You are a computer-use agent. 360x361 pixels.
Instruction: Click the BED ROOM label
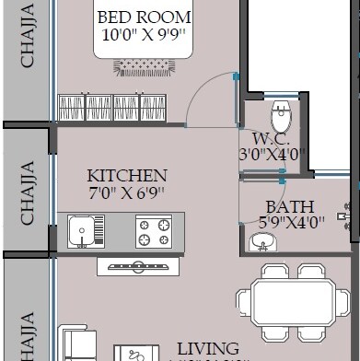[145, 17]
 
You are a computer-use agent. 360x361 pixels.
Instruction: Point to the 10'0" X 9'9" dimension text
[145, 37]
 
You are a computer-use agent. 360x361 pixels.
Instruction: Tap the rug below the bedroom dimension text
[144, 66]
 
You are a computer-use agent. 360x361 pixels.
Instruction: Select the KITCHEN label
[126, 176]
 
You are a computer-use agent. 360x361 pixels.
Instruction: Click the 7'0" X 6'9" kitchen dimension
[126, 194]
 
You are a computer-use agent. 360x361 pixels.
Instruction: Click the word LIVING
[207, 349]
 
